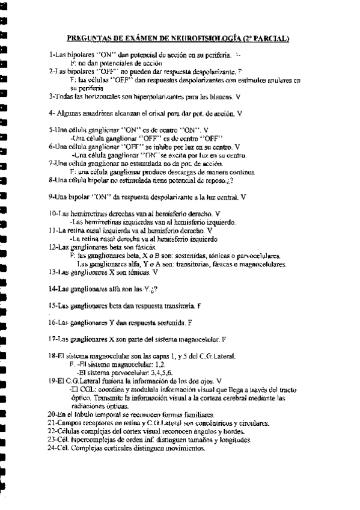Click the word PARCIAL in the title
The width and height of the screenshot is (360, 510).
pyautogui.click(x=272, y=39)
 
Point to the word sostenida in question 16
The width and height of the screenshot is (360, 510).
pyautogui.click(x=167, y=322)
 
